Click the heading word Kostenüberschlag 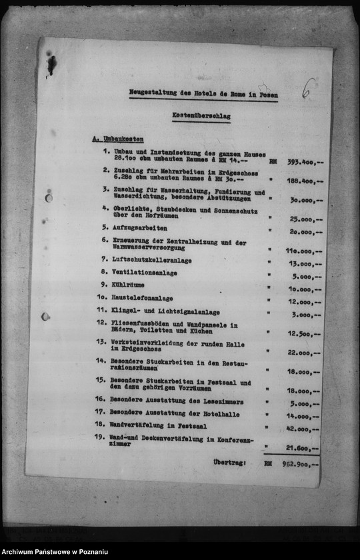click(x=201, y=116)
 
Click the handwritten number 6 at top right click(x=308, y=88)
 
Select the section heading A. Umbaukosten click(x=117, y=139)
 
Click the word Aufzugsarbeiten click(x=139, y=227)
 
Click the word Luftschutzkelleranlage click(x=151, y=260)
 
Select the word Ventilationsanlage click(x=144, y=273)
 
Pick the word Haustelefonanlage click(x=141, y=298)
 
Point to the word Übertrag click(x=229, y=462)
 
